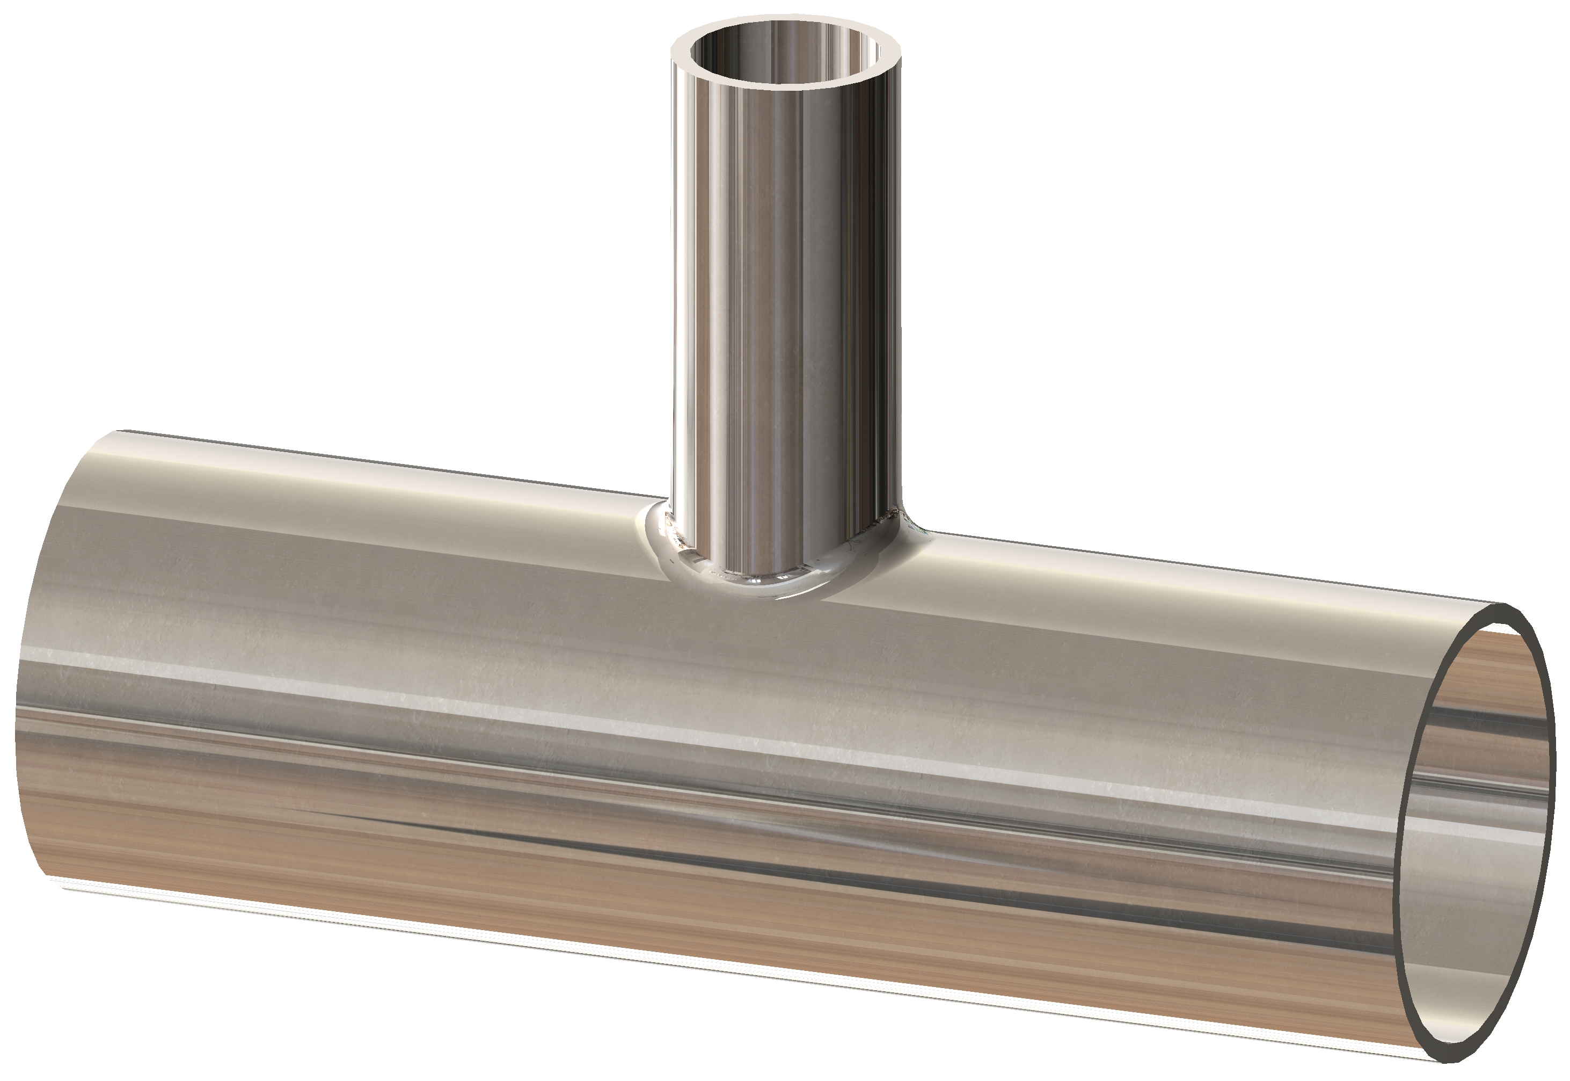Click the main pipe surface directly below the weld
(779, 650)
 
